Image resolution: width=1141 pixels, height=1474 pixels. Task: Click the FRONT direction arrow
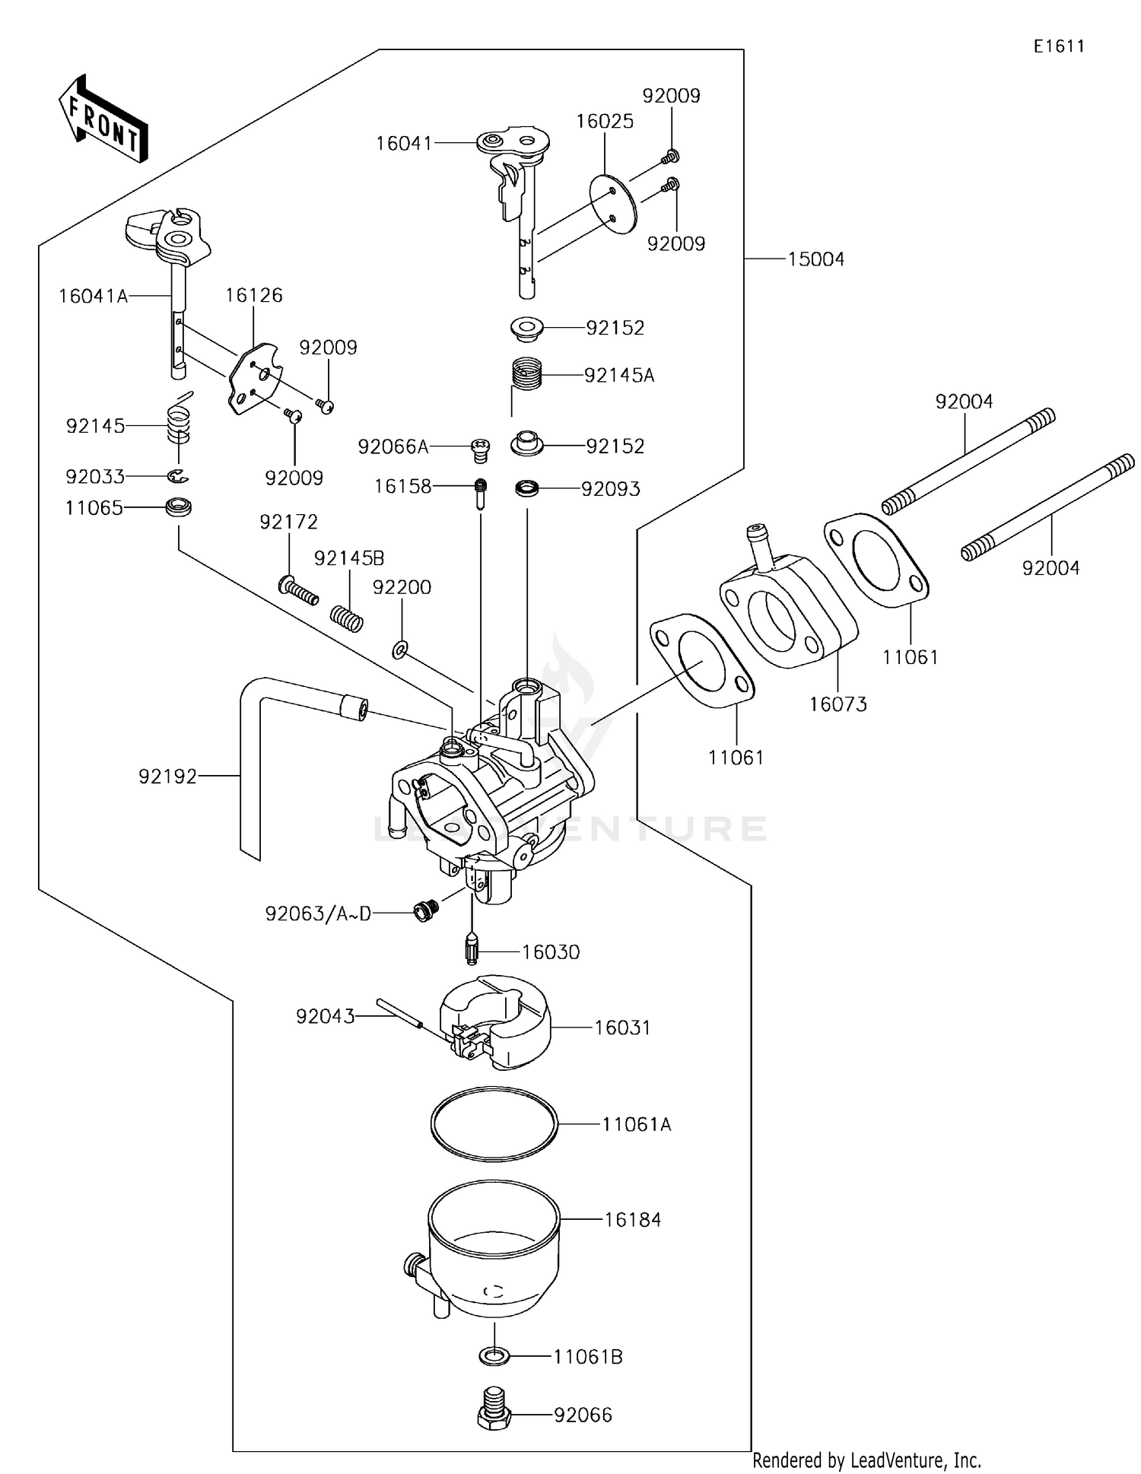[103, 119]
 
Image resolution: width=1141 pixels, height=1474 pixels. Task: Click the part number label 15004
[815, 259]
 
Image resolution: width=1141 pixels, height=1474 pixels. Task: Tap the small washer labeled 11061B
[494, 1356]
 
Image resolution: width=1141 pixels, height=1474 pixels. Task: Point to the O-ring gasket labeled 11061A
[494, 1124]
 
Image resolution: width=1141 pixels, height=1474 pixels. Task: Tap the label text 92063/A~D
[318, 913]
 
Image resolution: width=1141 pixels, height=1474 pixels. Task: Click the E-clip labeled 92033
[178, 476]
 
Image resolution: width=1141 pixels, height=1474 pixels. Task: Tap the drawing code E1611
[1058, 46]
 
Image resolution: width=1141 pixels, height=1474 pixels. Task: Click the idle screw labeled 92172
[298, 589]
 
